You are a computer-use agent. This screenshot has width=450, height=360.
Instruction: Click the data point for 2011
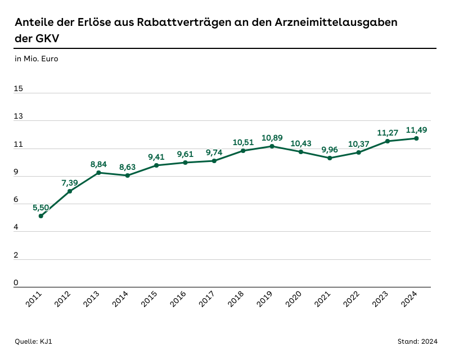click(x=41, y=216)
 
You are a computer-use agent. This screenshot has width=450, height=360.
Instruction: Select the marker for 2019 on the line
click(x=272, y=146)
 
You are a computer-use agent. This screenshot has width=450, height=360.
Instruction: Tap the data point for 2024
click(x=416, y=138)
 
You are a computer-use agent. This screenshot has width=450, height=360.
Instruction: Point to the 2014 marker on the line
click(x=128, y=175)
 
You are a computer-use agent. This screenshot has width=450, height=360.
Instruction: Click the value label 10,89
click(x=272, y=138)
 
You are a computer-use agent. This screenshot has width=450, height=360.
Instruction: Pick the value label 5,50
click(x=41, y=208)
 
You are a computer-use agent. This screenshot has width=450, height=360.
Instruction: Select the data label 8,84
click(x=99, y=164)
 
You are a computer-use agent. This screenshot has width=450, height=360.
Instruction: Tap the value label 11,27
click(x=387, y=133)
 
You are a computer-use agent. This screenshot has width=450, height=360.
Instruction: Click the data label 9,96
click(x=330, y=150)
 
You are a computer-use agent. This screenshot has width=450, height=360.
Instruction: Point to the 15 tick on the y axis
click(x=19, y=89)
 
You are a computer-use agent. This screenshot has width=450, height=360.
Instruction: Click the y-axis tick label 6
click(x=16, y=200)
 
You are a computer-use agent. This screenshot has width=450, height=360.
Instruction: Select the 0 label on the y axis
click(x=16, y=283)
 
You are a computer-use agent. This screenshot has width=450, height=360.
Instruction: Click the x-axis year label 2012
click(x=63, y=300)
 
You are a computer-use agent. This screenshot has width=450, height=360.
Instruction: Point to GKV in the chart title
click(x=48, y=39)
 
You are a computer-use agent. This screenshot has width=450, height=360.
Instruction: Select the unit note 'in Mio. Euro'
click(x=36, y=58)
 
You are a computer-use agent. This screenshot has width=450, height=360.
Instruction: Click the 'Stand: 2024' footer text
click(x=417, y=341)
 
